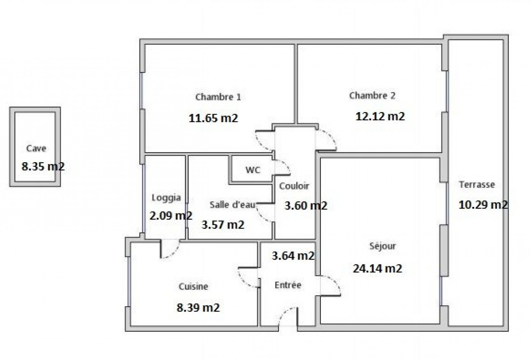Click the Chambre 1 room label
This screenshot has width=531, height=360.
tap(218, 97)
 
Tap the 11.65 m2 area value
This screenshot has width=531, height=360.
tap(214, 118)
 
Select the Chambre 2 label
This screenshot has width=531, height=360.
tap(372, 95)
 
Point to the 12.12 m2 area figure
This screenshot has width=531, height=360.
tap(380, 116)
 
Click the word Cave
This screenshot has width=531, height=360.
tap(36, 149)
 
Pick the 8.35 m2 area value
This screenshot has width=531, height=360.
tap(43, 166)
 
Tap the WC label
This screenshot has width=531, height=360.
tap(253, 170)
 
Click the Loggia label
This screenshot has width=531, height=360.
tap(166, 197)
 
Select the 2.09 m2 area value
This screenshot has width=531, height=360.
tap(171, 216)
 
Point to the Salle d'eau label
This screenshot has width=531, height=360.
tap(233, 205)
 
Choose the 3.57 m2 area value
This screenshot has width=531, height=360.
tap(223, 225)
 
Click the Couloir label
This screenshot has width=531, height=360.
tap(294, 186)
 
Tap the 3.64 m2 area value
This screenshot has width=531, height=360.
tap(293, 256)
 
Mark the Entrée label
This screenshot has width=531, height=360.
tap(288, 285)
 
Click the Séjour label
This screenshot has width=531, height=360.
tap(383, 246)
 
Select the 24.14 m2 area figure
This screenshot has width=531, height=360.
tap(377, 268)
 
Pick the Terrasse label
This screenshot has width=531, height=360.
tap(477, 185)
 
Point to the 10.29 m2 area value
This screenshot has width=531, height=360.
tap(483, 205)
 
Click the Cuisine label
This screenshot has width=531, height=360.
tap(193, 287)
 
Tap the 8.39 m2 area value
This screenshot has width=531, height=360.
tap(198, 307)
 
